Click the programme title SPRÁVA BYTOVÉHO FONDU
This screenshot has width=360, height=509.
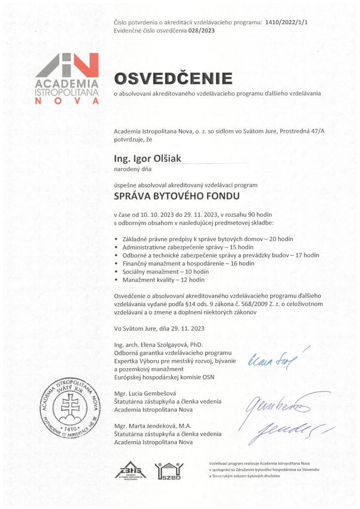tap(177, 196)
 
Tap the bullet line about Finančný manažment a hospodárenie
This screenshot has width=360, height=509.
tap(188, 263)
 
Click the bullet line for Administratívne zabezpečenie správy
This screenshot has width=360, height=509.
tap(187, 247)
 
